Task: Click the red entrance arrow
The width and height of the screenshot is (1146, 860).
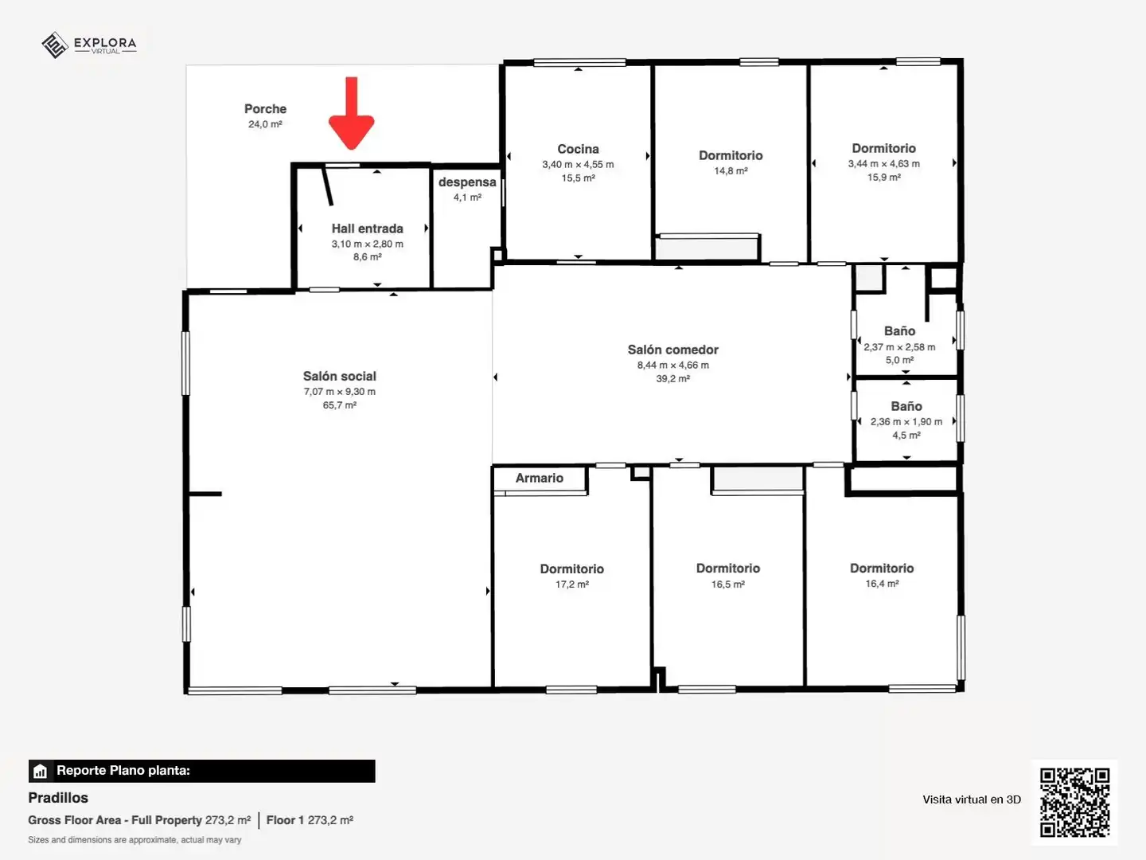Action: (x=352, y=114)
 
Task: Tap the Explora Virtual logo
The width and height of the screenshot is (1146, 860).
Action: (x=89, y=45)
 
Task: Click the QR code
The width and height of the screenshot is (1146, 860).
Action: (x=1074, y=802)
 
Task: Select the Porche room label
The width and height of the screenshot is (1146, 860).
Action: (x=265, y=109)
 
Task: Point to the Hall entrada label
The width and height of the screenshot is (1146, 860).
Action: (x=368, y=229)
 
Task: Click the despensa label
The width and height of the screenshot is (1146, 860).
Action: (x=467, y=182)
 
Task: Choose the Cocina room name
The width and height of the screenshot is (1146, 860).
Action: (x=578, y=150)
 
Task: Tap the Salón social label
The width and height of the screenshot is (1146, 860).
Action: (x=339, y=376)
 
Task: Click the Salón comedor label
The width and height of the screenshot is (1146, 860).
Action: (x=673, y=350)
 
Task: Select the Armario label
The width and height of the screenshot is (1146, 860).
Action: (x=540, y=478)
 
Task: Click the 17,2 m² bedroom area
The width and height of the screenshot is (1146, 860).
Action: (x=572, y=584)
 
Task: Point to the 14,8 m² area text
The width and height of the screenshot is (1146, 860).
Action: (x=731, y=170)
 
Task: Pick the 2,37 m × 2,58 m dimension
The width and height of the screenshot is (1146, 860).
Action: (x=899, y=346)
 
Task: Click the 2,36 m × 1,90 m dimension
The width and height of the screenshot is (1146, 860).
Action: (x=906, y=421)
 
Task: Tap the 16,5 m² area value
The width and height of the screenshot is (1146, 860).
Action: (x=728, y=584)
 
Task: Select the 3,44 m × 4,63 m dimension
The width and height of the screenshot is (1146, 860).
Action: (x=884, y=163)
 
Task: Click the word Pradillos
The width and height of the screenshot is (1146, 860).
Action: (x=58, y=798)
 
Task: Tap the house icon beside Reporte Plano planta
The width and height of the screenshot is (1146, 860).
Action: (x=41, y=771)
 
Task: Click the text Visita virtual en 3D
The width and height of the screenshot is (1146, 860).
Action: (x=972, y=799)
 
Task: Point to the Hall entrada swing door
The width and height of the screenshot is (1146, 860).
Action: (x=327, y=186)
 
